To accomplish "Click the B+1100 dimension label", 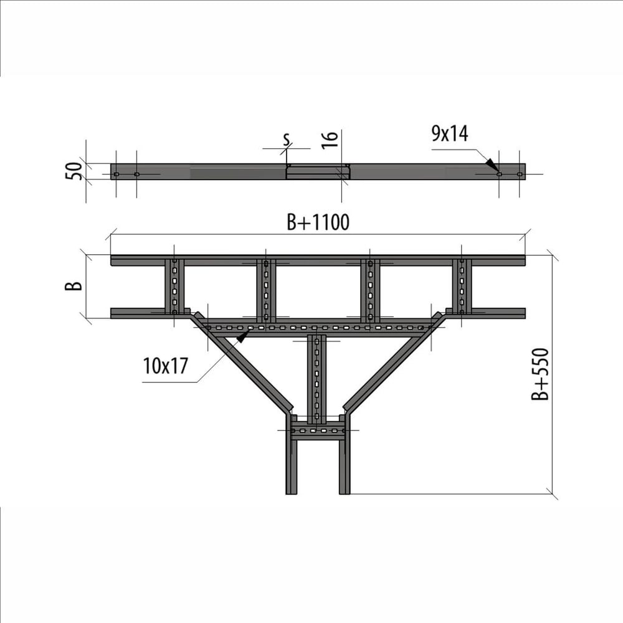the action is [318, 222].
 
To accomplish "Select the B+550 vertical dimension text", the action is [540, 374].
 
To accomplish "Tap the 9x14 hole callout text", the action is [450, 133].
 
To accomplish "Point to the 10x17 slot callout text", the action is [165, 366].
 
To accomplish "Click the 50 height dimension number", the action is [74, 171].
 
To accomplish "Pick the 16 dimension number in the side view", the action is [330, 140].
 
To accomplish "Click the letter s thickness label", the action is [287, 139].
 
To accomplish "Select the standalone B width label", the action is [74, 286].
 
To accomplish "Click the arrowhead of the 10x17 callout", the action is [242, 337].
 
